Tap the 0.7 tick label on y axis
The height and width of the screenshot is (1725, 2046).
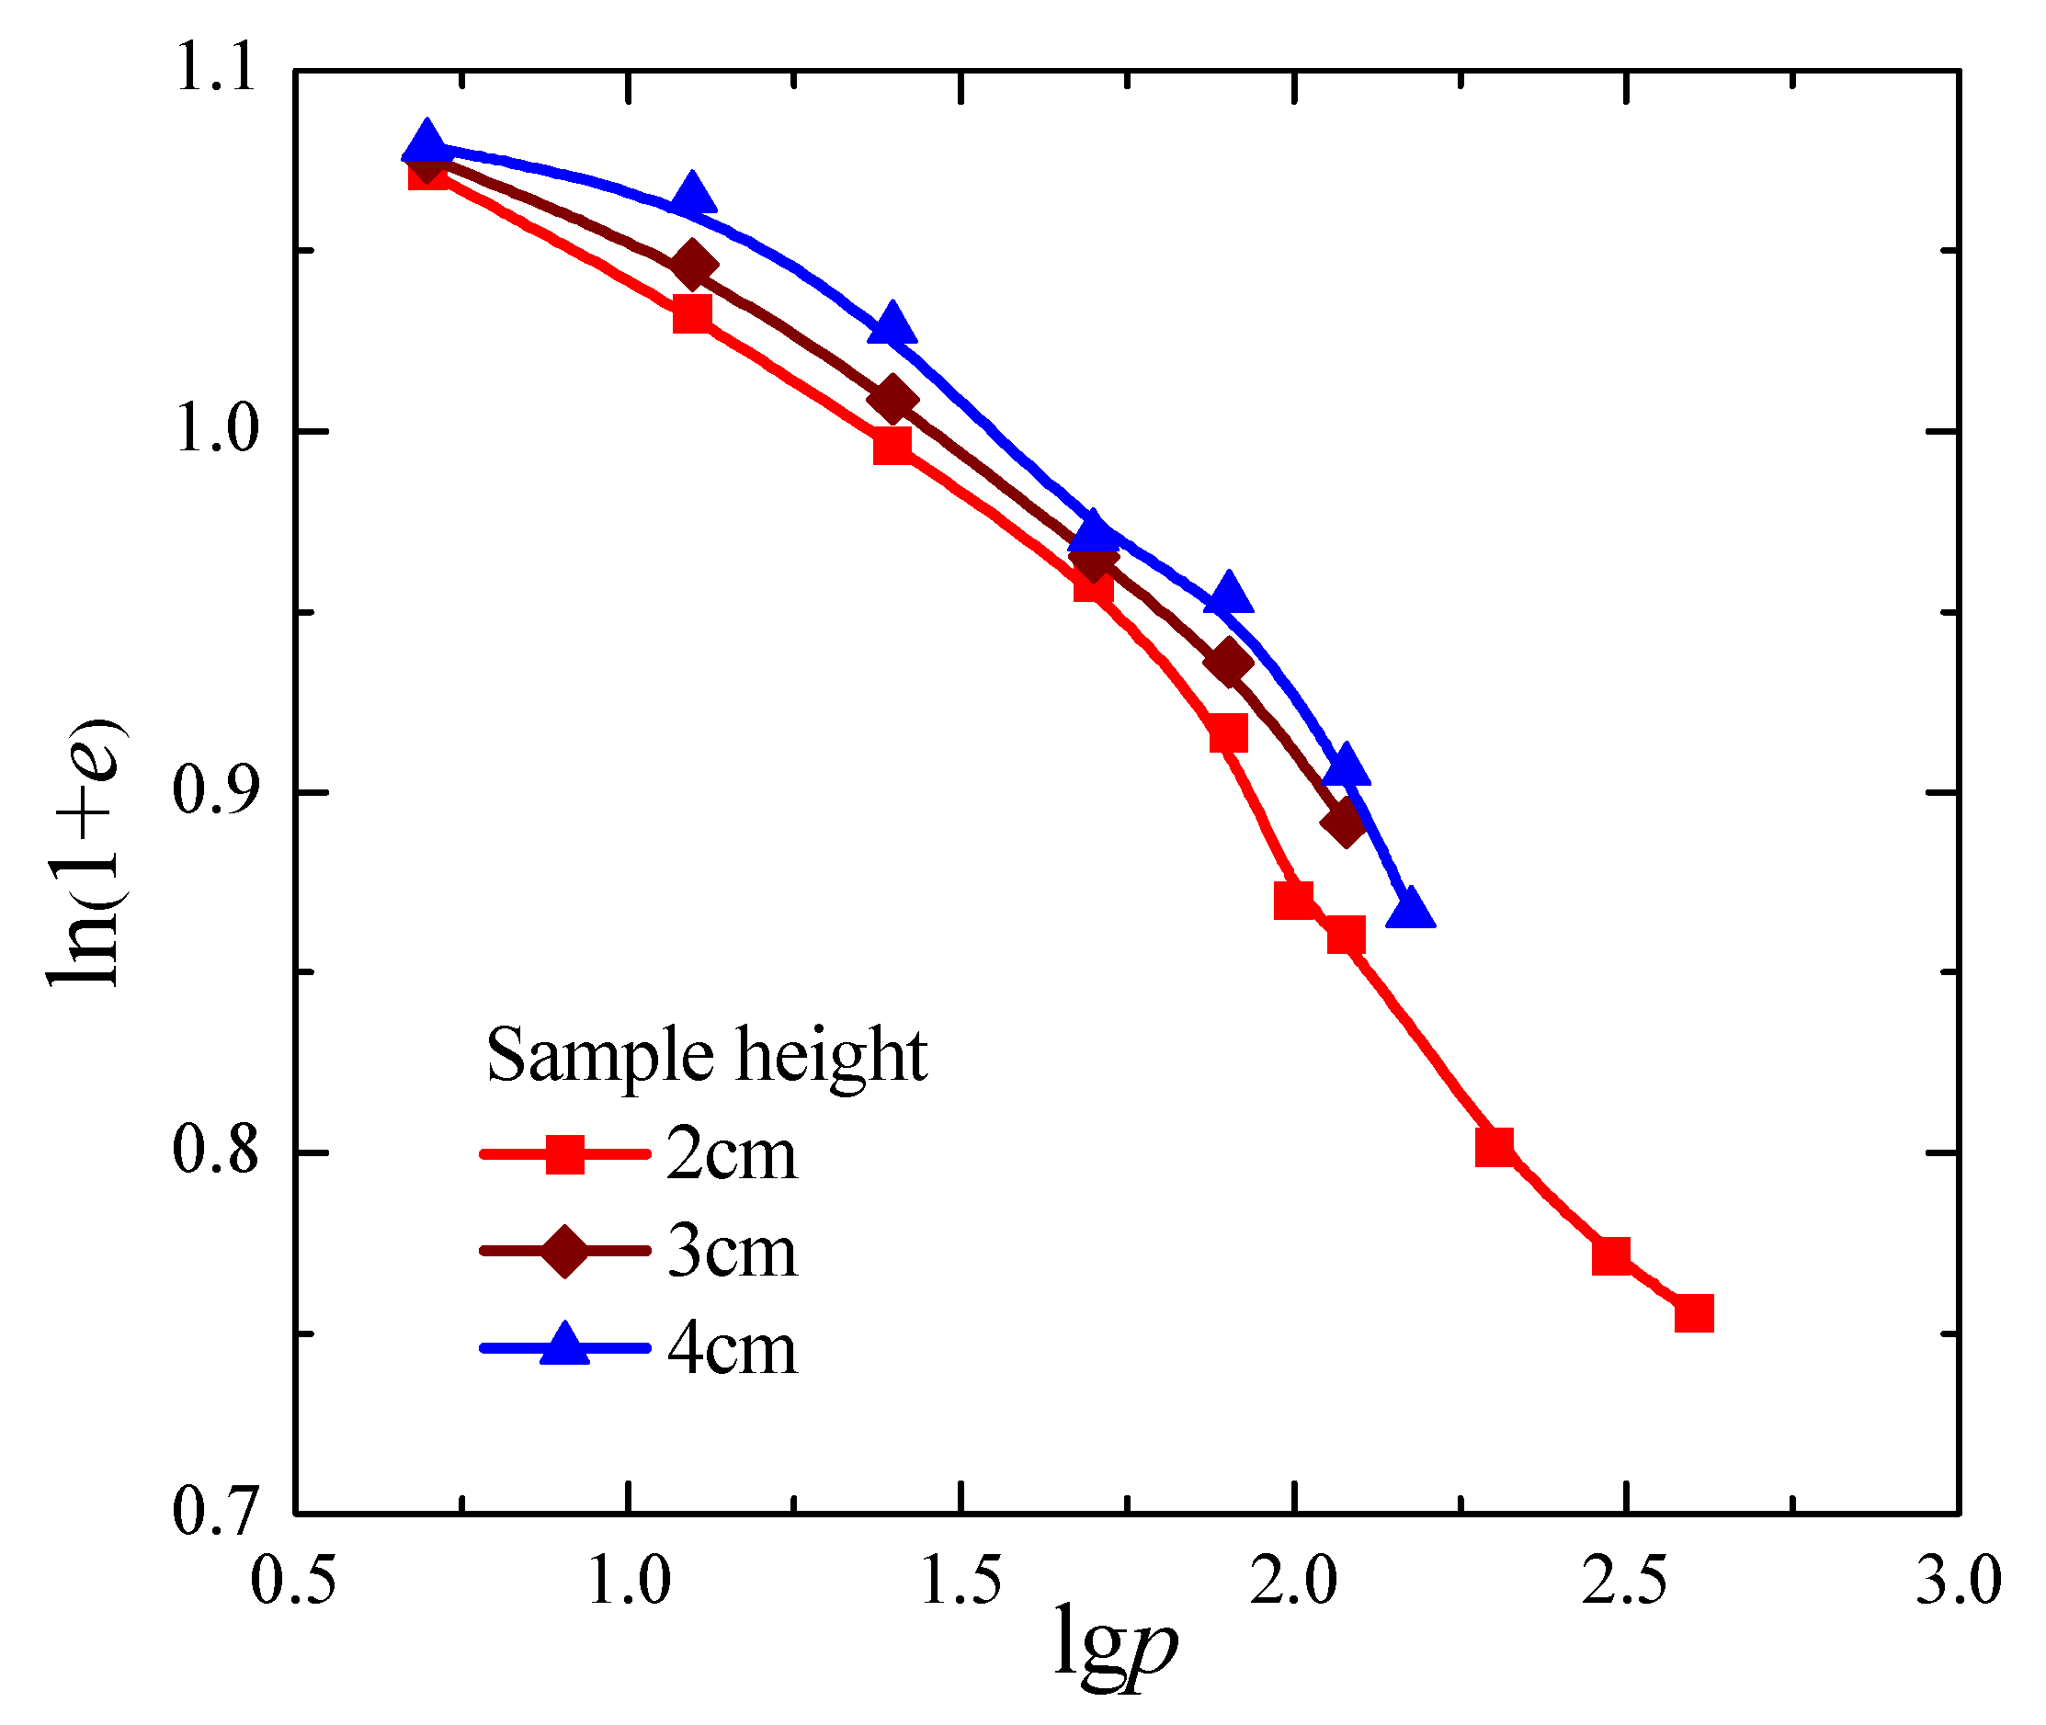coord(215,1511)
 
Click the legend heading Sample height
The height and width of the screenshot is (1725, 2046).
coord(706,1056)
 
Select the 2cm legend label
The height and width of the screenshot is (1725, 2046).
coord(732,1155)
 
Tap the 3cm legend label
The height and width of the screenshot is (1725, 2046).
coord(732,1252)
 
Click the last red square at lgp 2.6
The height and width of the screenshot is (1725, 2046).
coord(1694,1313)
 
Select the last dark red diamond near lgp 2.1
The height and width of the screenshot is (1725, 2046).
coord(1346,822)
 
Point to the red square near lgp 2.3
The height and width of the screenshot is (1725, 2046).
coord(1495,1146)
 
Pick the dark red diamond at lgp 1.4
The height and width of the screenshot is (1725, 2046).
coord(892,400)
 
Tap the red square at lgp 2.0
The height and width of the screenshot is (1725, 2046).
coord(1294,900)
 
